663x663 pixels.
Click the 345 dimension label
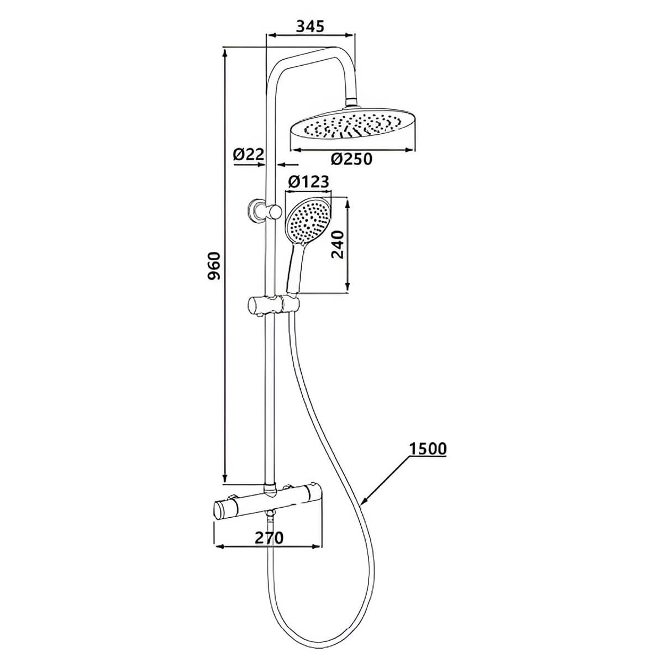[x=311, y=25]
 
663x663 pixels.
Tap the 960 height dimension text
[x=214, y=265]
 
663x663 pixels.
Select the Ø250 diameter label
[x=352, y=159]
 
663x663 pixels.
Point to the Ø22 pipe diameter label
[x=249, y=155]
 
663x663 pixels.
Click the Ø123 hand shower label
[x=309, y=181]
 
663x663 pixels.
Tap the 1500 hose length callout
[x=428, y=449]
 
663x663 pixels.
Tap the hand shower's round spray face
[x=307, y=220]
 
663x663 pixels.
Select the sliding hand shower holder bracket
[x=272, y=303]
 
